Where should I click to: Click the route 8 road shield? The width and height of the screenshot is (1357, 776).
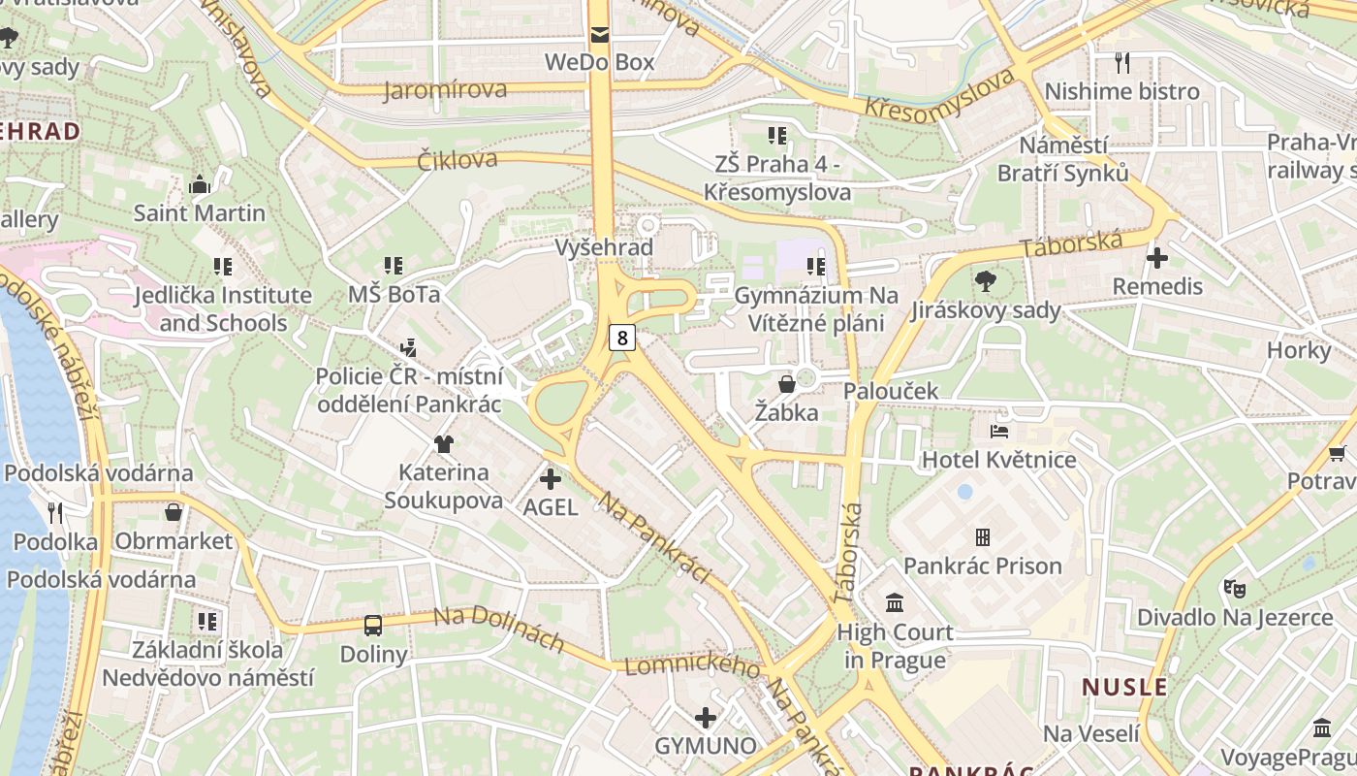[622, 338]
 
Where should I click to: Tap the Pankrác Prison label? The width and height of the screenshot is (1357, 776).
[982, 566]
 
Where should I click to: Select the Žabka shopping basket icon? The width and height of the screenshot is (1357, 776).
[787, 384]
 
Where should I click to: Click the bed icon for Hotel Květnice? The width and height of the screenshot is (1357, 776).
[999, 431]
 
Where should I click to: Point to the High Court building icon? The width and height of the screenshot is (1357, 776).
[895, 603]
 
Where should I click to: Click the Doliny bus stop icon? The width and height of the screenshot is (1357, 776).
[373, 626]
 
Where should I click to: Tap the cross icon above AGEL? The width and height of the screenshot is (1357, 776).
[551, 478]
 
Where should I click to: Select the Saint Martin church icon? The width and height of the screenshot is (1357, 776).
[200, 184]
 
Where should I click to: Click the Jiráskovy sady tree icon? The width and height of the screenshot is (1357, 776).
[986, 282]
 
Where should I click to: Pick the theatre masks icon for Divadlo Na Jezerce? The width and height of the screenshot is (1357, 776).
[1234, 588]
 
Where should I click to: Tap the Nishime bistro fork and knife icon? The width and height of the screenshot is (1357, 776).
[1122, 63]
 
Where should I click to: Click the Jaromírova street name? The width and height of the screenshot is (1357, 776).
[445, 90]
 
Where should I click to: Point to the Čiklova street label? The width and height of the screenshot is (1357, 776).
[458, 159]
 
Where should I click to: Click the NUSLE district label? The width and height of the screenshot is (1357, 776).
[1124, 688]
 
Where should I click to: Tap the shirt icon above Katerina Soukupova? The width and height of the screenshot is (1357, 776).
[444, 444]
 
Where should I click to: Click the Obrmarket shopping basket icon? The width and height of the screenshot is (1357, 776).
[174, 512]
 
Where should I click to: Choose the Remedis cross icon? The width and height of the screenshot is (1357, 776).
[1157, 258]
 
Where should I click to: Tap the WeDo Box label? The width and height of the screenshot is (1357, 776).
[599, 62]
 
